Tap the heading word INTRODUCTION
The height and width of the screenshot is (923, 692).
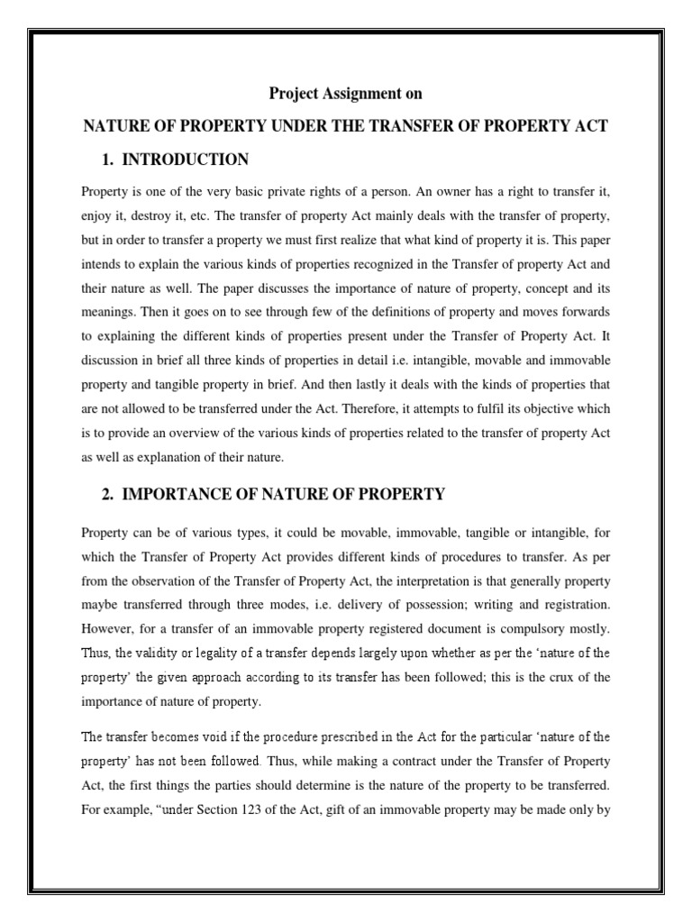(x=185, y=160)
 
